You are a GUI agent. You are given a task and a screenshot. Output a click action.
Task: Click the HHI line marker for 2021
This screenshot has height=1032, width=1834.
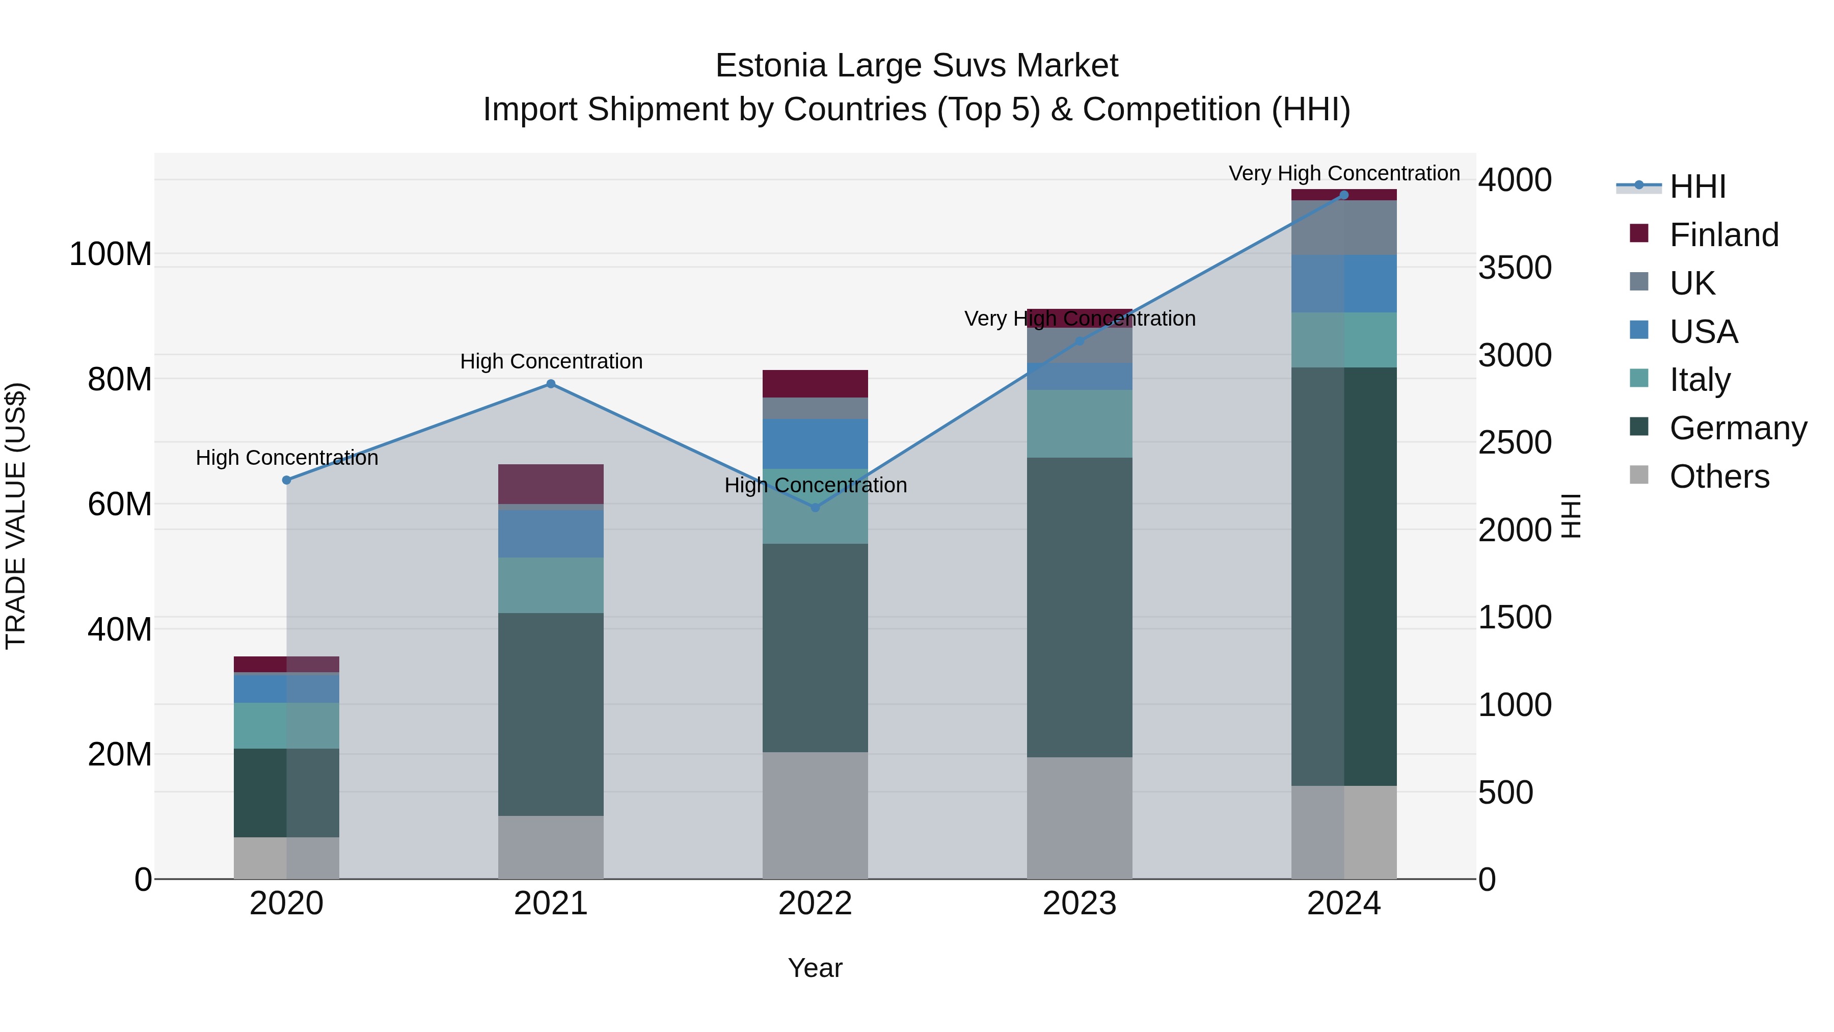(550, 384)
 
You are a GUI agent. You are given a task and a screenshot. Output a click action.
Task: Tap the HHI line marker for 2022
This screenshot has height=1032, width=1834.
(815, 507)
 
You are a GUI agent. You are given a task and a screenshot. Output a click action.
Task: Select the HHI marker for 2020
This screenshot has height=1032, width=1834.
(286, 480)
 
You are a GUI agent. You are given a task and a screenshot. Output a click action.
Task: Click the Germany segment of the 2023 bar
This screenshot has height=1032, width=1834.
(1080, 607)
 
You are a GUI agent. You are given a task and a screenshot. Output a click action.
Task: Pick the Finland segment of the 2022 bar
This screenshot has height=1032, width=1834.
(815, 384)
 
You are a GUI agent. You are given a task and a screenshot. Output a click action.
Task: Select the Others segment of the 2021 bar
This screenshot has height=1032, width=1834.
(550, 847)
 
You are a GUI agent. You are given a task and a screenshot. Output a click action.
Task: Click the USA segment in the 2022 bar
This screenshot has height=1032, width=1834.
(815, 444)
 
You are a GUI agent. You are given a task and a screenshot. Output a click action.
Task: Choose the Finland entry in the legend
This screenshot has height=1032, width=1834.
(1723, 235)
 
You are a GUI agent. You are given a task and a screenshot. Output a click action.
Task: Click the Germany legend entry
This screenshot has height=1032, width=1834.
(1738, 428)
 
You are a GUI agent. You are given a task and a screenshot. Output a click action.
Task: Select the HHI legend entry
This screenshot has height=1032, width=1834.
(1697, 187)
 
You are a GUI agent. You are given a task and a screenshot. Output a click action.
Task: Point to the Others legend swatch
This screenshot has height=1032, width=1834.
(1639, 475)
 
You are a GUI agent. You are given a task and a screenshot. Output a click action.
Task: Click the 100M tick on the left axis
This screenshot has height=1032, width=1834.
(111, 254)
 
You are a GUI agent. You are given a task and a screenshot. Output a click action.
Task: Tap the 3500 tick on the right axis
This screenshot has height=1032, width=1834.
(1515, 268)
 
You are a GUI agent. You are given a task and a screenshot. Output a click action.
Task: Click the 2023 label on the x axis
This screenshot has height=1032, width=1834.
(1080, 904)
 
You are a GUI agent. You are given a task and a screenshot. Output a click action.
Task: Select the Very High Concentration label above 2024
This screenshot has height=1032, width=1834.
(1343, 173)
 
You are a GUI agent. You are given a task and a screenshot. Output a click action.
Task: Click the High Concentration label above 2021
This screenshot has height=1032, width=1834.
(551, 361)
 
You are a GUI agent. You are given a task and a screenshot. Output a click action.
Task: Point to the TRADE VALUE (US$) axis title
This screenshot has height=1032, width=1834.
(16, 516)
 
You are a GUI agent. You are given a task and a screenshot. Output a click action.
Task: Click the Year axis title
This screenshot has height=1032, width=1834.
(815, 968)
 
